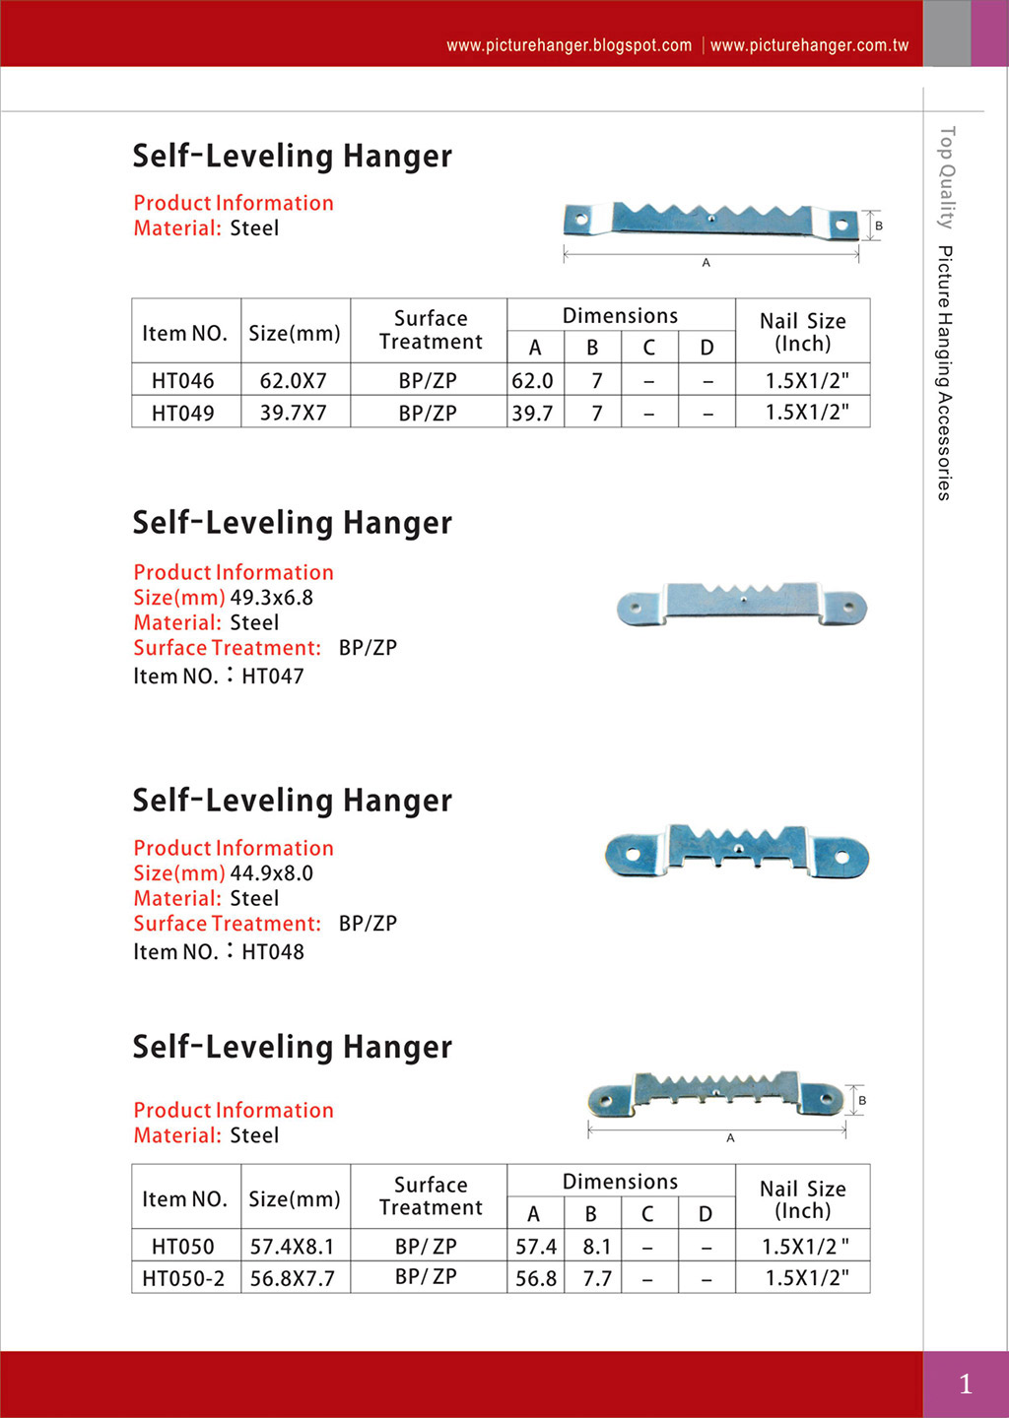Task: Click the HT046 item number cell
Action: [x=183, y=381]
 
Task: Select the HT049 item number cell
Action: [x=183, y=414]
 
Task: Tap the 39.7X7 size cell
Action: [x=294, y=414]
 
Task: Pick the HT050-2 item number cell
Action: [x=183, y=1279]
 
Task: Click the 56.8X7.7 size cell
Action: [x=293, y=1279]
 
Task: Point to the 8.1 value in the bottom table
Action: [x=596, y=1248]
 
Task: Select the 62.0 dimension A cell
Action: [x=533, y=381]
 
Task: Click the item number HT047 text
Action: [x=273, y=677]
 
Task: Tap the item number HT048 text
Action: [x=273, y=952]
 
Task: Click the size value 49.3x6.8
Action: [x=272, y=598]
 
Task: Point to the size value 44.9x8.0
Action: [x=272, y=873]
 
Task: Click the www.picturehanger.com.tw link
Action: [x=809, y=45]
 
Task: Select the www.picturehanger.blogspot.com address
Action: [x=569, y=45]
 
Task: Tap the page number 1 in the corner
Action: [x=966, y=1385]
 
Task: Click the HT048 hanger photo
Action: [x=736, y=852]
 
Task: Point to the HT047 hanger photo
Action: [x=741, y=603]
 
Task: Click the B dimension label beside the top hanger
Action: [x=879, y=226]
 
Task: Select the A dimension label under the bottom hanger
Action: [x=730, y=1138]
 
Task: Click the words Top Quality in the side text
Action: [x=946, y=177]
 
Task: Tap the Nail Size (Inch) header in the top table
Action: [x=803, y=332]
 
